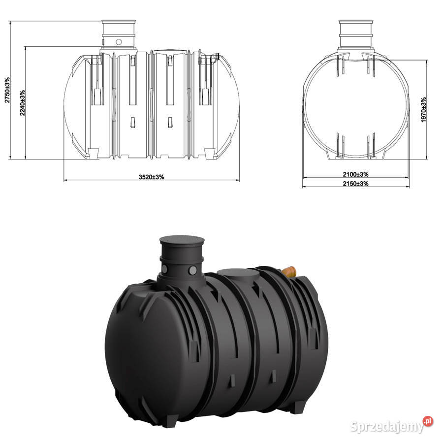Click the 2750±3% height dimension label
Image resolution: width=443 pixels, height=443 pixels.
click(7, 90)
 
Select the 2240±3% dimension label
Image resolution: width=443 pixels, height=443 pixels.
click(22, 103)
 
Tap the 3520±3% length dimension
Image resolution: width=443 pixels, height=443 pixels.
click(152, 177)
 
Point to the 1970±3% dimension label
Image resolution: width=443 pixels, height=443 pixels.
click(423, 110)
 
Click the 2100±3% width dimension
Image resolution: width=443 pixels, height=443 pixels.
click(356, 174)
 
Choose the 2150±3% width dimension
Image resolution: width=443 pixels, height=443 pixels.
click(356, 184)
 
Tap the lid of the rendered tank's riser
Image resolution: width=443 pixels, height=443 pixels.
click(182, 240)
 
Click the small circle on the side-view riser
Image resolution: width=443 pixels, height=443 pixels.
click(119, 42)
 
